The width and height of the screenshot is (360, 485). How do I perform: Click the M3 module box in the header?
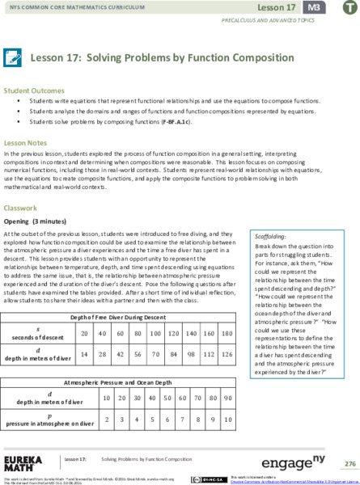click(x=312, y=7)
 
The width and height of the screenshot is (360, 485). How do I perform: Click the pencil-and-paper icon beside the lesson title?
click(x=13, y=58)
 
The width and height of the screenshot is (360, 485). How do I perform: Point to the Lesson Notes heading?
click(x=25, y=141)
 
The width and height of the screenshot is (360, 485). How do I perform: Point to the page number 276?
click(x=349, y=463)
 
